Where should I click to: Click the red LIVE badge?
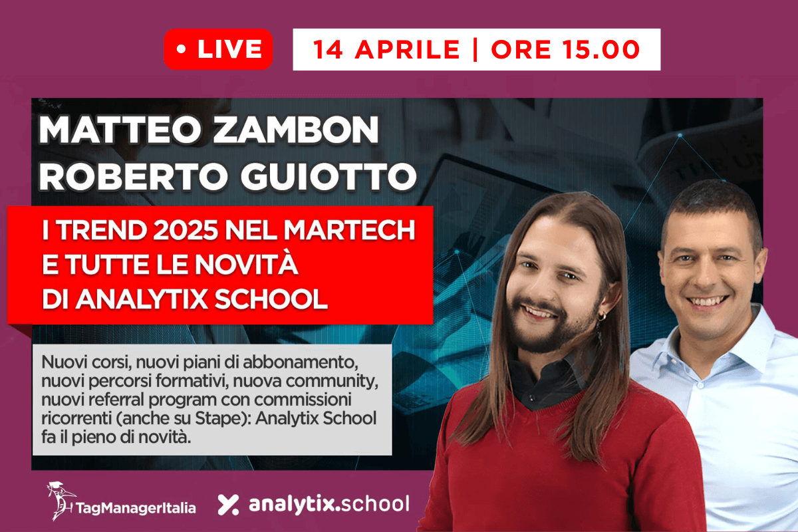[218, 49]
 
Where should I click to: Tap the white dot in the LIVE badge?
[181, 50]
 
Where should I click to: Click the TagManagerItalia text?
[136, 508]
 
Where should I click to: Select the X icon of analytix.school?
[228, 505]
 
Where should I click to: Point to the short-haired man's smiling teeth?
[705, 303]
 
